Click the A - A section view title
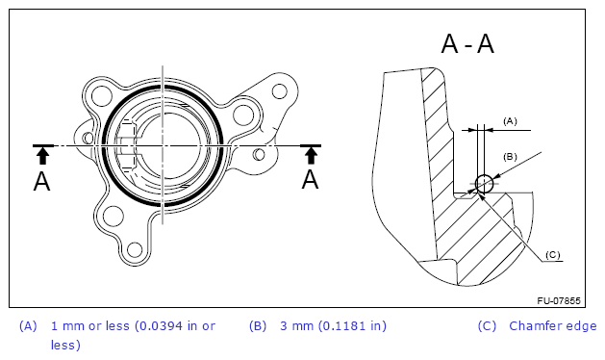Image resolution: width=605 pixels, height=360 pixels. tap(467, 43)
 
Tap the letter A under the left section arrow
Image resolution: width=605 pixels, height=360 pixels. tap(41, 182)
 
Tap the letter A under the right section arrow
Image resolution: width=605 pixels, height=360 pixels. tap(311, 180)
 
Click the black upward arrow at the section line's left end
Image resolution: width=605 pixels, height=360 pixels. tap(43, 153)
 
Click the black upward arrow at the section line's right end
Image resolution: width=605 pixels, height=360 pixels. tap(311, 153)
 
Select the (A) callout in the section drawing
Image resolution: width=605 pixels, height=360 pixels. tap(510, 121)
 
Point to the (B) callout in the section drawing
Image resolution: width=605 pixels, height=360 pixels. tap(510, 157)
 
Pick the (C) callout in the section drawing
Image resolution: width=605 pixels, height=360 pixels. tap(552, 255)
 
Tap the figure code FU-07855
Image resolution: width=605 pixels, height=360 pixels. tap(559, 301)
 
